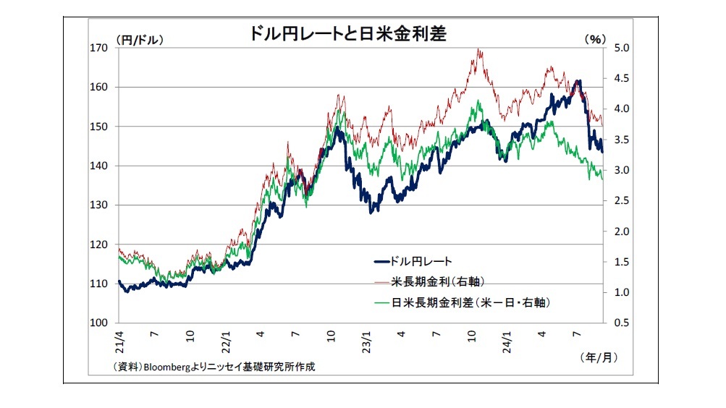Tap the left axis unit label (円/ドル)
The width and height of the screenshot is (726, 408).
(x=139, y=40)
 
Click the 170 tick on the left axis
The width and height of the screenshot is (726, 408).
(x=98, y=48)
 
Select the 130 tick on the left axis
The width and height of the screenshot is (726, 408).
(x=98, y=205)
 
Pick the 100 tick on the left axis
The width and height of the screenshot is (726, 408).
(x=98, y=323)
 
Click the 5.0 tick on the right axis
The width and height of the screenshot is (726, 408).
(x=621, y=48)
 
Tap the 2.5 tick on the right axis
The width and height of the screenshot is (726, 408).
(x=621, y=201)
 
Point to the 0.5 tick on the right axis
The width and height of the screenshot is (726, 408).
(x=621, y=323)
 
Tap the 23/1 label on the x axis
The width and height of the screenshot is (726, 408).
(x=366, y=339)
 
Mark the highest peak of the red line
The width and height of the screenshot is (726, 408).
(x=479, y=49)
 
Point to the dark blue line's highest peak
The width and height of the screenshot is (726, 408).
(x=578, y=81)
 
